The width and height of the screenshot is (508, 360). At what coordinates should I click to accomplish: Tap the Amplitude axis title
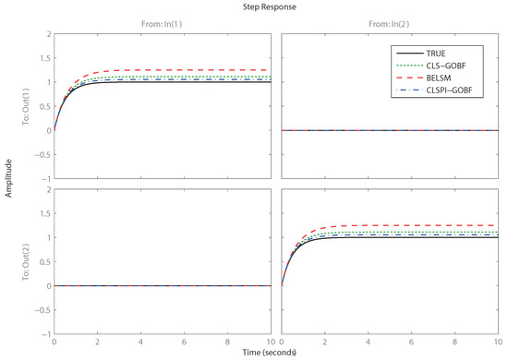coord(6,185)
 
